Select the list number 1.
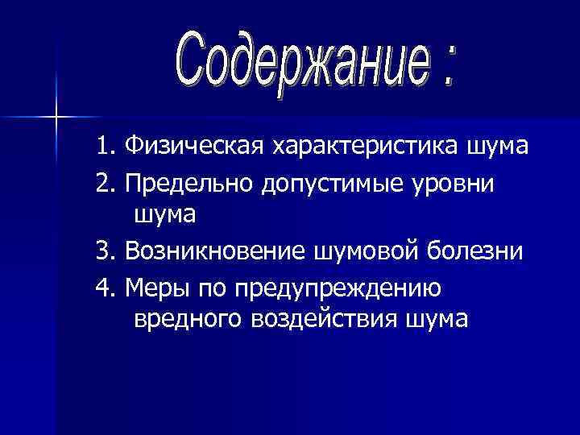(102, 147)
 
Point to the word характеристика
(365, 148)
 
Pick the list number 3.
(102, 251)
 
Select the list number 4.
(102, 286)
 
